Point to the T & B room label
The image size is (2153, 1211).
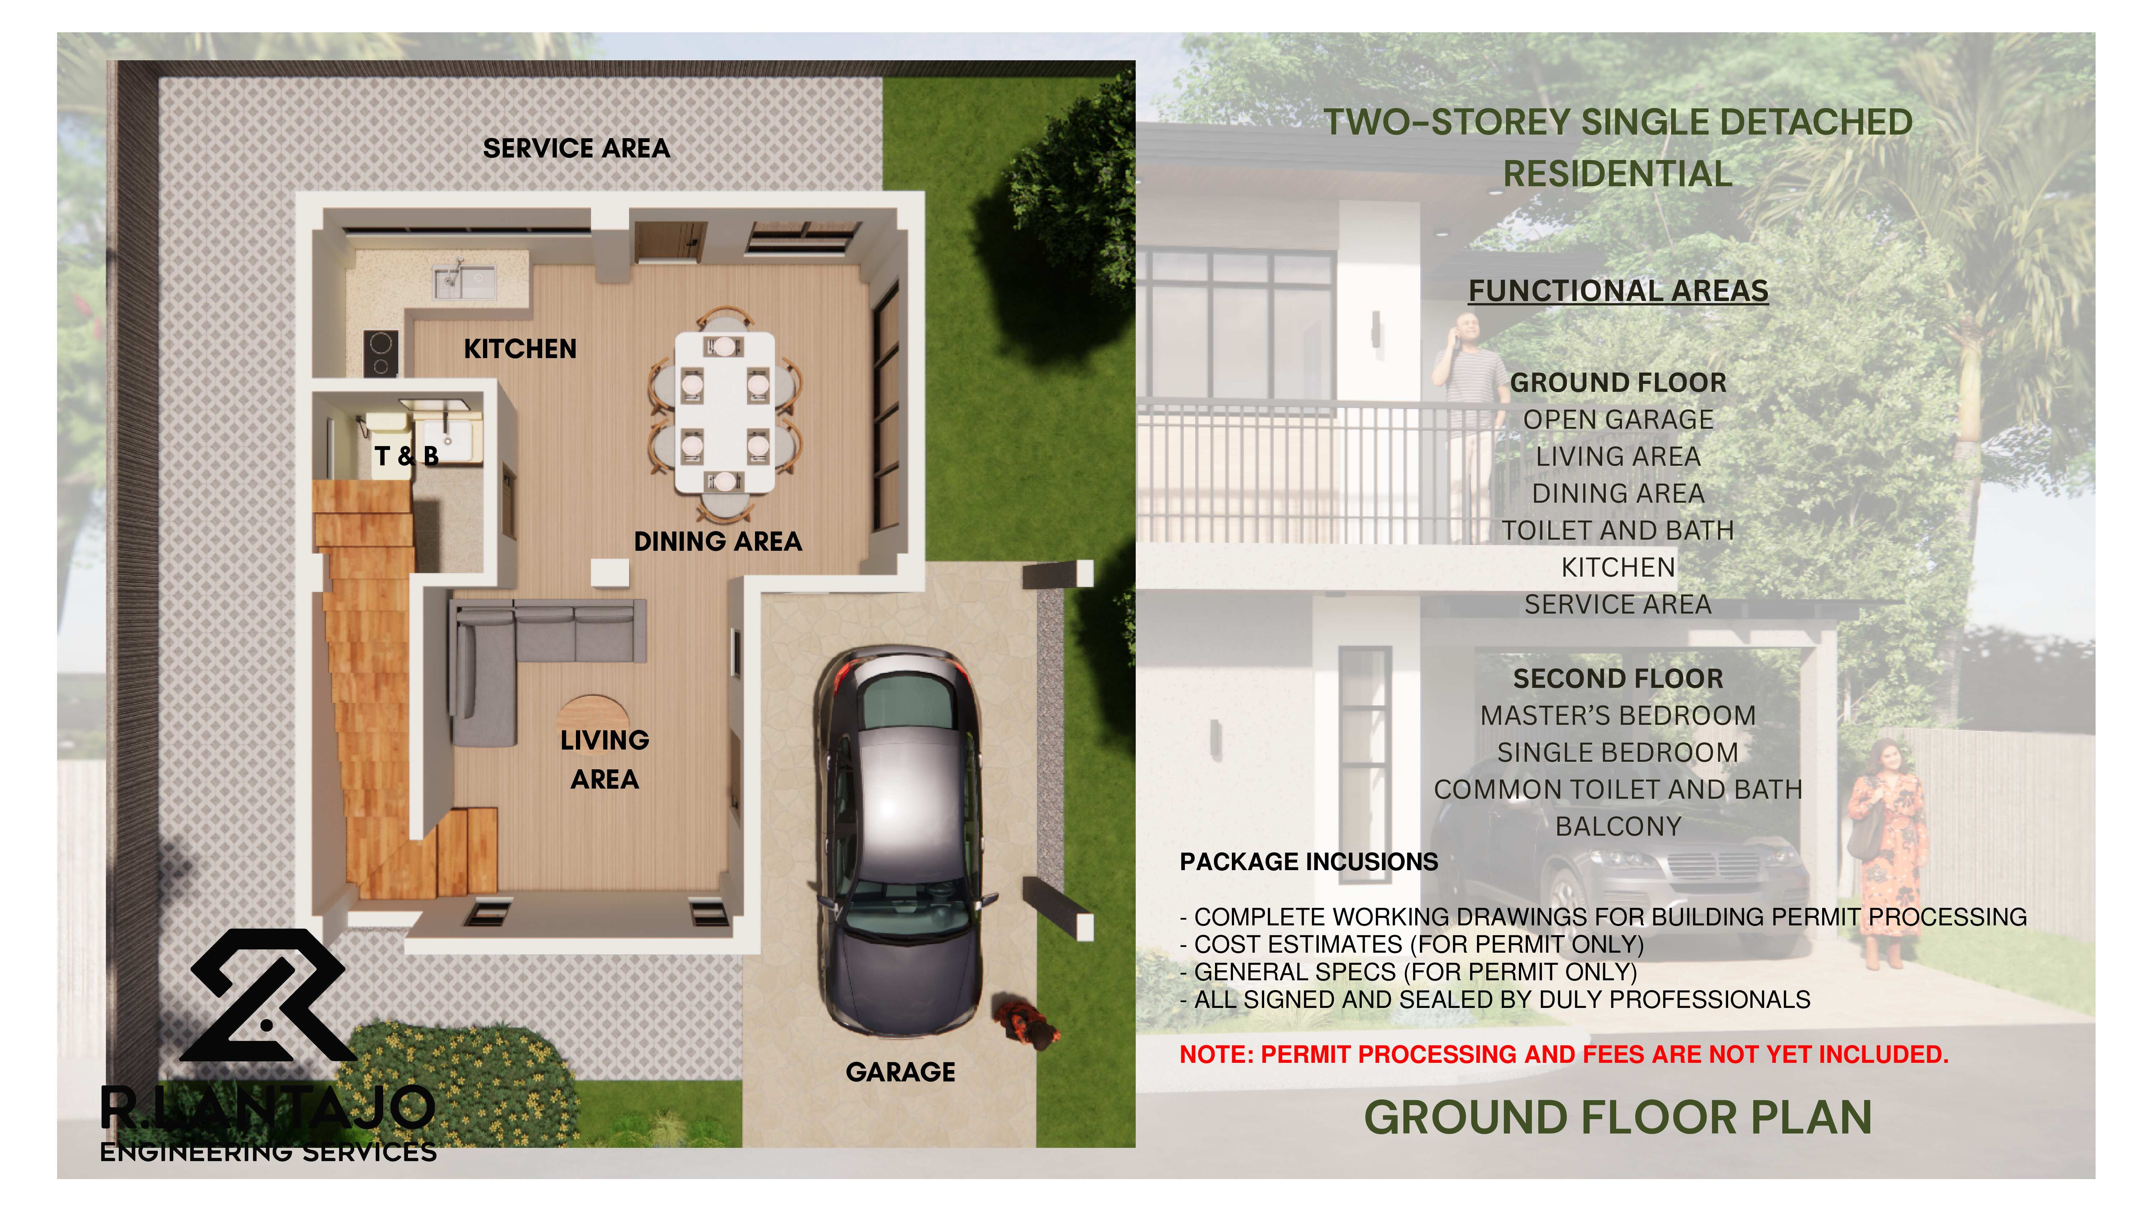coord(406,456)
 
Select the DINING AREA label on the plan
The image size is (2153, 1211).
coord(717,541)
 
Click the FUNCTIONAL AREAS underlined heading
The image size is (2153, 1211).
coord(1618,291)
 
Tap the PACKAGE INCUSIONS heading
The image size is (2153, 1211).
coord(1308,862)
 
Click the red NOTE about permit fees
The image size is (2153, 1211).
coord(1563,1055)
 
